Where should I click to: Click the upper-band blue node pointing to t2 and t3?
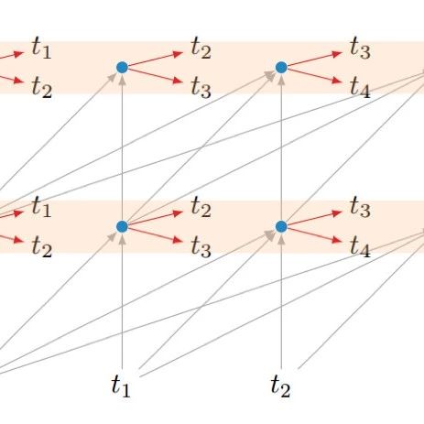[x=122, y=67]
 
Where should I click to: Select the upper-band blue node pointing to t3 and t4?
[x=281, y=67]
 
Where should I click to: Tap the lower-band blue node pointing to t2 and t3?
[x=122, y=226]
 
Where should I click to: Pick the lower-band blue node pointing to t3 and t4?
[x=281, y=226]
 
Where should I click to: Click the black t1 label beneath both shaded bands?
[x=121, y=386]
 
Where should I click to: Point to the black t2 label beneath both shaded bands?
[x=280, y=386]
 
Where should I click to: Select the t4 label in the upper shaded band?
[x=360, y=87]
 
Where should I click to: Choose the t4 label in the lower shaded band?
[x=360, y=246]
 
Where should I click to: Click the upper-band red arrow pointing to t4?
[x=315, y=76]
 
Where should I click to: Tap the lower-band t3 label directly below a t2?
[x=201, y=246]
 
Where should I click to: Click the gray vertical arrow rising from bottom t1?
[x=122, y=300]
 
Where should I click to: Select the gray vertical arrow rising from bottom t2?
[x=281, y=300]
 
